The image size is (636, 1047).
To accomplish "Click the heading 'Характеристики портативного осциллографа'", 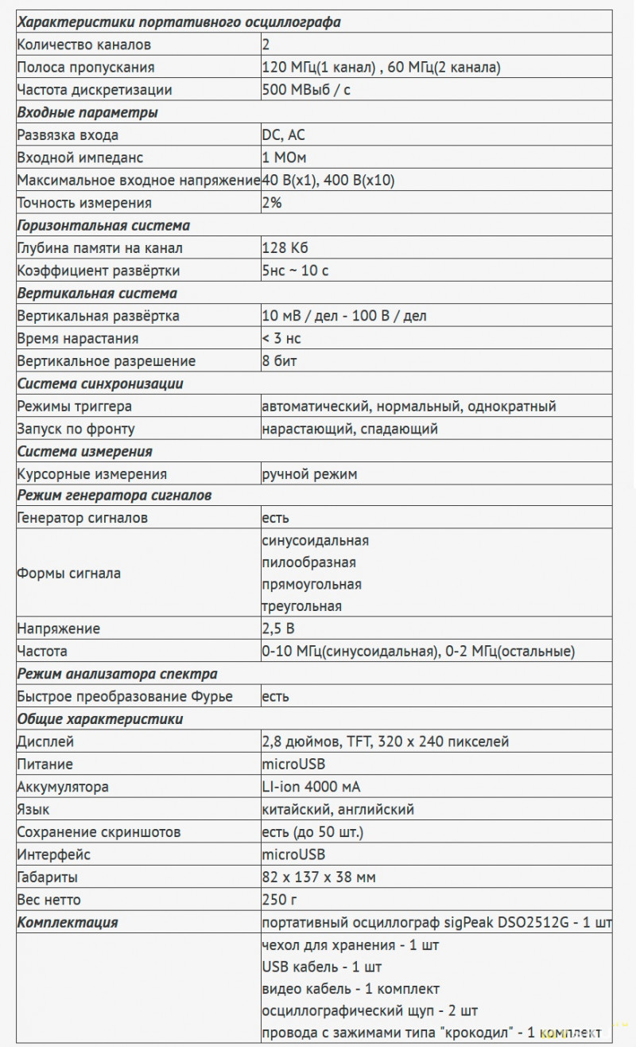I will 179,22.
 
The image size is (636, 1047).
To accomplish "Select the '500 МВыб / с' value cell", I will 306,90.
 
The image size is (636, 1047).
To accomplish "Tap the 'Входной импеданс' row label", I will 80,158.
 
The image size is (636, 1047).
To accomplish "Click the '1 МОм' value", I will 285,158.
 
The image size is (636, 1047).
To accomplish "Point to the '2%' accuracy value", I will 272,203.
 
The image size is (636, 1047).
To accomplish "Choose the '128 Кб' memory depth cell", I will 285,248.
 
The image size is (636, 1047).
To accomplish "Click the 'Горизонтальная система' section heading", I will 103,225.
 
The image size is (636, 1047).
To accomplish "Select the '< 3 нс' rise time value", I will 281,338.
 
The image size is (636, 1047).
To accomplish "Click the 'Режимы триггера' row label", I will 75,407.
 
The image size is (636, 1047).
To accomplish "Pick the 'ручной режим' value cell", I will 309,474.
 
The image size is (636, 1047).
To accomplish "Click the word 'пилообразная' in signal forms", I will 308,562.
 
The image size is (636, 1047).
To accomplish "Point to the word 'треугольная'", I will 302,606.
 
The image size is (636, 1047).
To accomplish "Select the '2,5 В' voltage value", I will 279,629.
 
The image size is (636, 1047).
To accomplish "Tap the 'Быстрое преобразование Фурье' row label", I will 125,697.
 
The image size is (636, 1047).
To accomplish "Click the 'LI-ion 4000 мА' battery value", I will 311,787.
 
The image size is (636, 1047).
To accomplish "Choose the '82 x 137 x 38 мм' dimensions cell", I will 319,878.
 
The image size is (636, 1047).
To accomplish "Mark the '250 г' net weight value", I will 278,900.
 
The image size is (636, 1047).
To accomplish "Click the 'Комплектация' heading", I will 68,923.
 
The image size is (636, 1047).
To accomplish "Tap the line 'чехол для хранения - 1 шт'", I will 350,945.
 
